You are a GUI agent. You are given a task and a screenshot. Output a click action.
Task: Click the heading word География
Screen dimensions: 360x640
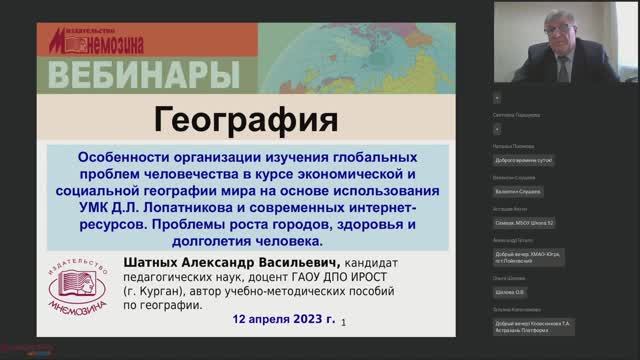[246, 123]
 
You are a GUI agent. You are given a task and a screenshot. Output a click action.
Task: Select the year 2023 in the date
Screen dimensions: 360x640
[297, 320]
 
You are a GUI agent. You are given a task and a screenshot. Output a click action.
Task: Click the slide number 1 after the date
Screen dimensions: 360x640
[344, 323]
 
